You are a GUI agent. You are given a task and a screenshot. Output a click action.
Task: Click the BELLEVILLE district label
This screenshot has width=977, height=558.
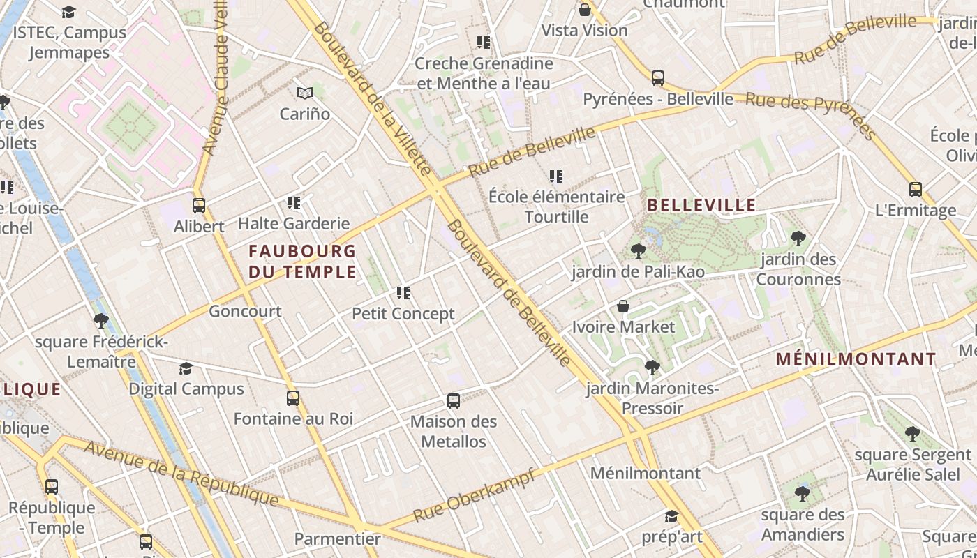pyautogui.click(x=701, y=205)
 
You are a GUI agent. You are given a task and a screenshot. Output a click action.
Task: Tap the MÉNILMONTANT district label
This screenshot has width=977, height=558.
pyautogui.click(x=856, y=360)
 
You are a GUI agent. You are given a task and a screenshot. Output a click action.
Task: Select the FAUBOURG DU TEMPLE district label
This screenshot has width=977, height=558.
pyautogui.click(x=302, y=261)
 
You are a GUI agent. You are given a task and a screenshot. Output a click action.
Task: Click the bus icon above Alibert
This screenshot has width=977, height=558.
pyautogui.click(x=199, y=206)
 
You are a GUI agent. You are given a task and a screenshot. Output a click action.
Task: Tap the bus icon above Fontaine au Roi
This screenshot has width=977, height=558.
pyautogui.click(x=293, y=398)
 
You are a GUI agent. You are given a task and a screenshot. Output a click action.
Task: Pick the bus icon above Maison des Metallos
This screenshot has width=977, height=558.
pyautogui.click(x=454, y=401)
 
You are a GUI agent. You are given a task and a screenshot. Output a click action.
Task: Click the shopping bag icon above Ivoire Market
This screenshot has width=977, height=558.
pyautogui.click(x=623, y=307)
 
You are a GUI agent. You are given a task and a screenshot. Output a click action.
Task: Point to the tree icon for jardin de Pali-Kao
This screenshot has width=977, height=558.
pyautogui.click(x=637, y=251)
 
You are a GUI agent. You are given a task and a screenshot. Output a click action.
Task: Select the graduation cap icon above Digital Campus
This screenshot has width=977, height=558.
pyautogui.click(x=186, y=368)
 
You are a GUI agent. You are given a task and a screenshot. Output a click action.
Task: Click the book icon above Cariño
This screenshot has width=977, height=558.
pyautogui.click(x=304, y=93)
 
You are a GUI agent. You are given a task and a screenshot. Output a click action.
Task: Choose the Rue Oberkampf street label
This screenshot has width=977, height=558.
pyautogui.click(x=474, y=496)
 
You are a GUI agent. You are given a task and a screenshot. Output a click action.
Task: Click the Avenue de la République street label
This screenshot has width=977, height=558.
pyautogui.click(x=181, y=474)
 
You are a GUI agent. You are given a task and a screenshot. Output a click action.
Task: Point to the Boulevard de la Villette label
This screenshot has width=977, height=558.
pyautogui.click(x=373, y=98)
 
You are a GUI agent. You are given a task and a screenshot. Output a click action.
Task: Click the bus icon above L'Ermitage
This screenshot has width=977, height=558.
pyautogui.click(x=915, y=190)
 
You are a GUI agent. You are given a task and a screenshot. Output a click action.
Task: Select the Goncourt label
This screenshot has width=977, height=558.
pyautogui.click(x=245, y=312)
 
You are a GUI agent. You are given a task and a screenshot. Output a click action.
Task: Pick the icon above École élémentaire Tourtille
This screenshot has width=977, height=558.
pyautogui.click(x=556, y=176)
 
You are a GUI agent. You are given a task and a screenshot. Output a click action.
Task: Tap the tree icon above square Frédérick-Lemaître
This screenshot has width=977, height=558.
pyautogui.click(x=101, y=322)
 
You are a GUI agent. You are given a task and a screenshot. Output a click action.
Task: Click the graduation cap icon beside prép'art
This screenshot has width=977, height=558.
pyautogui.click(x=671, y=517)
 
